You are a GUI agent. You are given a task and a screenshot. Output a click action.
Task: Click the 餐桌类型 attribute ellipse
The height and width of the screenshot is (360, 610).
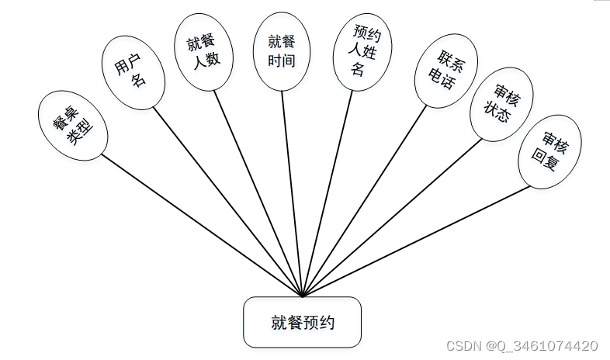[73, 125]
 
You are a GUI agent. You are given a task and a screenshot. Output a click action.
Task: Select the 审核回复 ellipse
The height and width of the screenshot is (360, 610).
[549, 152]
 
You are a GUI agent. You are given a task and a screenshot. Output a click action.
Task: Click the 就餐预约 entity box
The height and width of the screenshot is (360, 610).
[302, 322]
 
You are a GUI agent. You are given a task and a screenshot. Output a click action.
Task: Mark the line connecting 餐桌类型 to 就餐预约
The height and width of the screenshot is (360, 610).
[202, 224]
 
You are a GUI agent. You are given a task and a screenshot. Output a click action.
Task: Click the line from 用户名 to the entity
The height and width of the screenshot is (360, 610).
[227, 201]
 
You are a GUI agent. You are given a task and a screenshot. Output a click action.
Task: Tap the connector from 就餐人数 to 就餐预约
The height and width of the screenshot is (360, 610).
[258, 193]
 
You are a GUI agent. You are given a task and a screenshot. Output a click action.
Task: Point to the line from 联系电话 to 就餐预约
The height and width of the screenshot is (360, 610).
[365, 200]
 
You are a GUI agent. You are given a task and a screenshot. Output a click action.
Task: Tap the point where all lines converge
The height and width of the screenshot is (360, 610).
[303, 296]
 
